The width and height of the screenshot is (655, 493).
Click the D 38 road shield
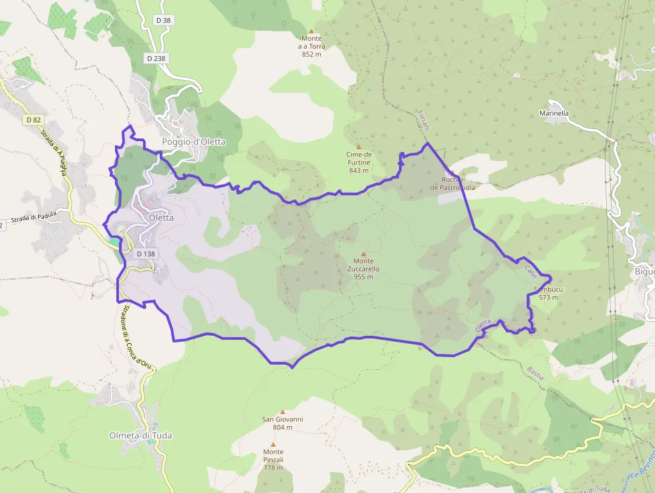point(163,21)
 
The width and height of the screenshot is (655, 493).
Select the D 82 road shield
point(34,120)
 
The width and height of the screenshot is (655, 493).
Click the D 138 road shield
point(145,254)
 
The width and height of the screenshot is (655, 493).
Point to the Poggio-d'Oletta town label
point(194,142)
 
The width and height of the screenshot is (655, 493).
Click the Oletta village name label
point(161,217)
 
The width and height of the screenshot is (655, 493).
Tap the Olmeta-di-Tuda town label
point(140,435)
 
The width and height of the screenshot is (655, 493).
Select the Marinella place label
point(554,114)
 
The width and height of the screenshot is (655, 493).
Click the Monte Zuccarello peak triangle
point(364,254)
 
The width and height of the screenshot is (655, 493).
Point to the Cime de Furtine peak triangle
point(358,146)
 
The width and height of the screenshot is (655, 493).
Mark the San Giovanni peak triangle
point(283,412)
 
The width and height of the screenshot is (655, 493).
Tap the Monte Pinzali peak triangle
point(273,444)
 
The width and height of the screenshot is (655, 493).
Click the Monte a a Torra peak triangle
point(311,30)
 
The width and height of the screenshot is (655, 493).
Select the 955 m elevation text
point(364,277)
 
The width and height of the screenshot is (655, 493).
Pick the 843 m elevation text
point(359,171)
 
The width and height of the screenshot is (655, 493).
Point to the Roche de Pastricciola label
point(452,184)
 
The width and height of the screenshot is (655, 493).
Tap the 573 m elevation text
point(547,297)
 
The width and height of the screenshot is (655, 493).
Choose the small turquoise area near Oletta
point(114,240)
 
